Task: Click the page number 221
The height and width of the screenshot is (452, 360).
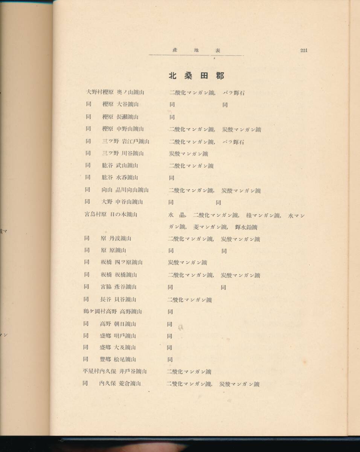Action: pos(304,50)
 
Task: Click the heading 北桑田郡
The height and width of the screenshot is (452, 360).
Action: pos(196,76)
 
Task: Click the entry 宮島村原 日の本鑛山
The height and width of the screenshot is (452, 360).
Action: pos(110,214)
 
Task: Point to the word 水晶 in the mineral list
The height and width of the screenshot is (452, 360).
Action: pos(176,215)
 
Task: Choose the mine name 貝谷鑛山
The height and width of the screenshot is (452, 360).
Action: pos(123,299)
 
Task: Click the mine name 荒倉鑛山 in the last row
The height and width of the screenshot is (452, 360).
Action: pos(130,383)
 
